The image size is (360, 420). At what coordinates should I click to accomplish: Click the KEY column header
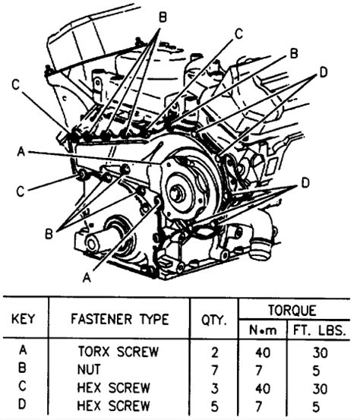tap(23, 320)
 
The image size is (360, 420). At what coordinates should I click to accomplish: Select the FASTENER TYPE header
tap(120, 319)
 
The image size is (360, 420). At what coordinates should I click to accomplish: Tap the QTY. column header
tap(213, 320)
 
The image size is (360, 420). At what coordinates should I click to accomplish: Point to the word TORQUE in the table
tap(292, 310)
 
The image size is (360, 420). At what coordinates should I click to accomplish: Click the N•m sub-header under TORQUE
tap(263, 330)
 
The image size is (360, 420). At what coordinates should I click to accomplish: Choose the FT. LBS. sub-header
tap(319, 330)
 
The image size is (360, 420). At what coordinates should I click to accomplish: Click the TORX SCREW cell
tap(118, 352)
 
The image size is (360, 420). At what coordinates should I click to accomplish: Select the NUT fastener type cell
tap(89, 370)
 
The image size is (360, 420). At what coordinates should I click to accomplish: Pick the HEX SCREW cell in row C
tap(113, 388)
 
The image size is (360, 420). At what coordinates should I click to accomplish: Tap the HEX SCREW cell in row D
tap(113, 406)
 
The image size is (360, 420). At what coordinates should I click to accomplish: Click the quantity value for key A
tap(214, 352)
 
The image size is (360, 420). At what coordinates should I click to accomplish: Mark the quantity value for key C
tap(215, 388)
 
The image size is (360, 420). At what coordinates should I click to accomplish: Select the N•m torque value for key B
tap(258, 371)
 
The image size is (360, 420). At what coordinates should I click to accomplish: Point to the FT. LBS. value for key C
tap(320, 388)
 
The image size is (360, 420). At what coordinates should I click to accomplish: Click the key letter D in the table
tap(23, 405)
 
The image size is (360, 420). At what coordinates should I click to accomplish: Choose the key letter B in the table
tap(22, 368)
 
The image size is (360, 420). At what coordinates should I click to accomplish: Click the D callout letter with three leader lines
tap(305, 183)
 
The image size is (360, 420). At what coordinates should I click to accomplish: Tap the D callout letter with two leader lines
tap(324, 72)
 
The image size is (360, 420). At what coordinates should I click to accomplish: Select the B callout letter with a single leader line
tap(294, 53)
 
